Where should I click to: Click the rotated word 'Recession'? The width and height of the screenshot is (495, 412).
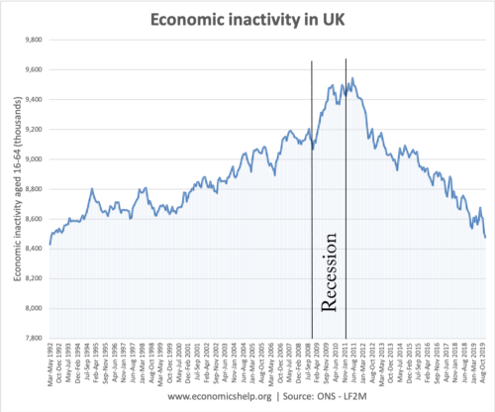(331, 272)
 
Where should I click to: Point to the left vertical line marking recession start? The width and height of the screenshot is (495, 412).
(312, 198)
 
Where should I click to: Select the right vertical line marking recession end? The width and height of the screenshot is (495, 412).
(346, 198)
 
